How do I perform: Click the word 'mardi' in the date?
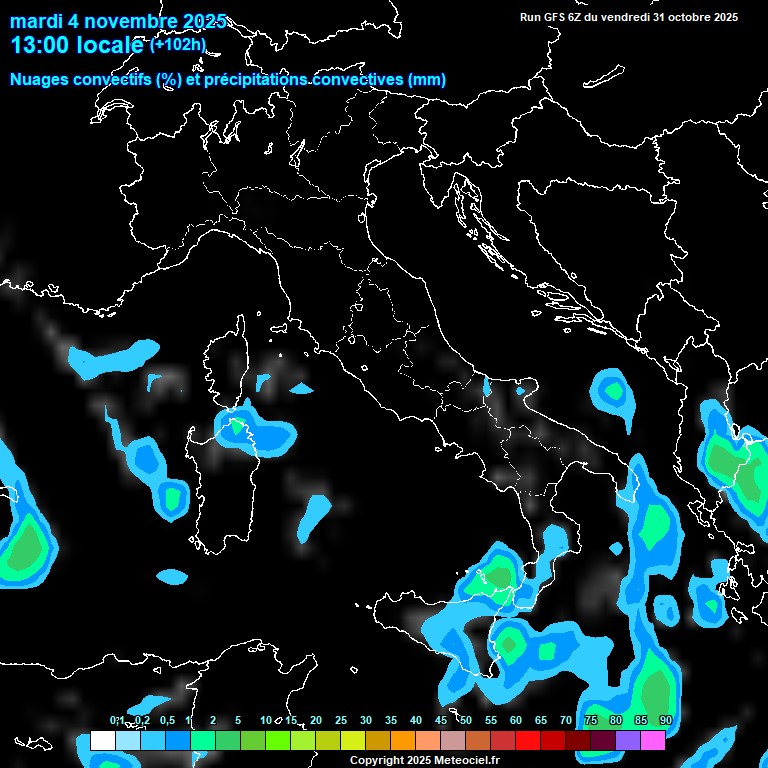pyautogui.click(x=36, y=21)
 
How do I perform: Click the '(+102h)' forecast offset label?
pyautogui.click(x=178, y=44)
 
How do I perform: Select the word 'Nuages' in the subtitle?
pyautogui.click(x=39, y=80)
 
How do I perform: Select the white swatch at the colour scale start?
pyautogui.click(x=103, y=741)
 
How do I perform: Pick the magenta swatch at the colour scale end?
pyautogui.click(x=653, y=741)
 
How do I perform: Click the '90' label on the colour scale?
pyautogui.click(x=665, y=720)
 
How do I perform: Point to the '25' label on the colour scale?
pyautogui.click(x=340, y=720)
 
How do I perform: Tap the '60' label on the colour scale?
pyautogui.click(x=515, y=720)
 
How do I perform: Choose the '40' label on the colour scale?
pyautogui.click(x=415, y=720)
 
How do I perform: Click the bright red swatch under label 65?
pyautogui.click(x=528, y=741)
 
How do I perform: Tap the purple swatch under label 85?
pyautogui.click(x=628, y=741)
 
